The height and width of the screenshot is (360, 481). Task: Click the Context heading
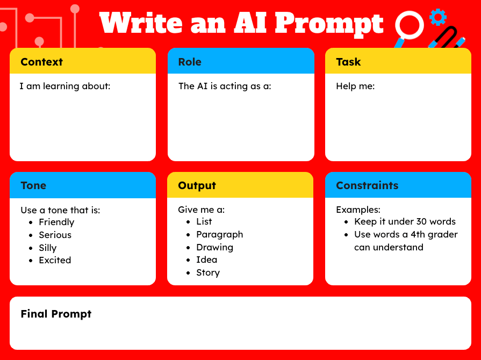coord(41,62)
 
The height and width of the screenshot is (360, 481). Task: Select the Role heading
coord(190,62)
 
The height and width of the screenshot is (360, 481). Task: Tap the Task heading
coord(348,62)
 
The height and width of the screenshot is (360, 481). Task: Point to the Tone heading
coord(33,186)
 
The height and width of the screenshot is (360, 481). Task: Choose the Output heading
coord(197,186)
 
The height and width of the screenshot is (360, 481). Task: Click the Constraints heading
coord(367,186)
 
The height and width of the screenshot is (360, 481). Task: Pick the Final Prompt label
coord(56,314)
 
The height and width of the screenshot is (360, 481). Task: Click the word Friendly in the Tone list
coord(56,222)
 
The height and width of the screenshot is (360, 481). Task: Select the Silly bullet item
coord(47,248)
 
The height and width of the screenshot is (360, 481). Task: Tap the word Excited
coord(55,261)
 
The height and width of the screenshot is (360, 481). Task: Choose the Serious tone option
coord(55,235)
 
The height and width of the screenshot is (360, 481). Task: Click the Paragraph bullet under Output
coord(219,235)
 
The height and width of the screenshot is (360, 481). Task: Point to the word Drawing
coord(214,248)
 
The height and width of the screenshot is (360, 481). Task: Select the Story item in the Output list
coord(208,273)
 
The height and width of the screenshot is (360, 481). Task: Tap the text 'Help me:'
coord(355,86)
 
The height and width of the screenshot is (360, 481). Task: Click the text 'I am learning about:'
coord(64,86)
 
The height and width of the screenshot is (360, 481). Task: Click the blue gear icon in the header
coord(439,17)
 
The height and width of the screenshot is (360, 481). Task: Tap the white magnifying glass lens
coord(410,25)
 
